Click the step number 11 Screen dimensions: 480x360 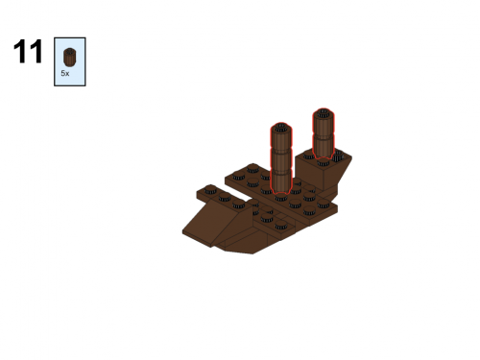(x=28, y=52)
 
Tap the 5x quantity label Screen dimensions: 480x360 (x=65, y=73)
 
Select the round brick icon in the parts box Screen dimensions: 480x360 (x=69, y=57)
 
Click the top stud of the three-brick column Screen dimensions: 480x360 (x=281, y=128)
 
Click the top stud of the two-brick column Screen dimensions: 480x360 (x=324, y=113)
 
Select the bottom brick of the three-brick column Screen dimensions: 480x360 (x=281, y=181)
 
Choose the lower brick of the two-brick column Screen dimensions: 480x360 (x=324, y=146)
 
